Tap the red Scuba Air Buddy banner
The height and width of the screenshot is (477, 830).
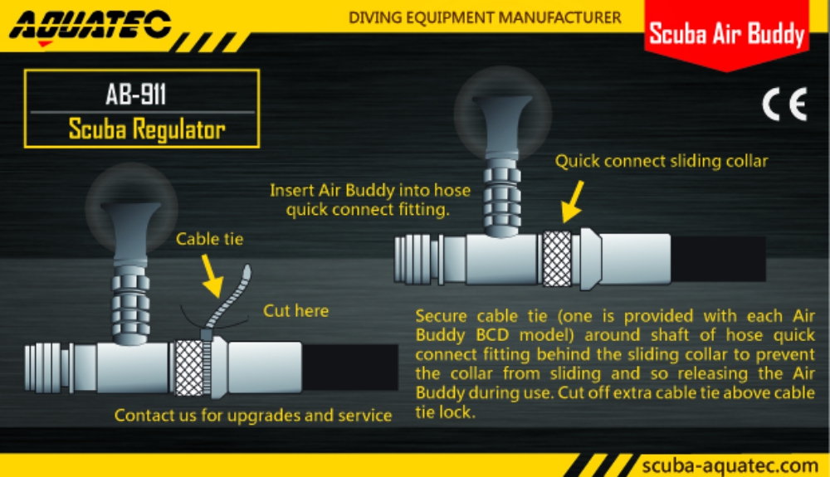(x=726, y=34)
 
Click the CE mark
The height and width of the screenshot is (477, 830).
(x=784, y=107)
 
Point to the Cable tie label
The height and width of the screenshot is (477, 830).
(x=209, y=239)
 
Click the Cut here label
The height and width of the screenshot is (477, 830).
(x=295, y=311)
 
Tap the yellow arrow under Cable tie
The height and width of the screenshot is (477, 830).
(x=214, y=279)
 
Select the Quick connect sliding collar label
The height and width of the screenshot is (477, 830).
(x=662, y=160)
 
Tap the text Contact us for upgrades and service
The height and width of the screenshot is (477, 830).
(x=252, y=415)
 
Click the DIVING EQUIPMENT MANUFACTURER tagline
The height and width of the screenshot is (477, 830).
(x=485, y=17)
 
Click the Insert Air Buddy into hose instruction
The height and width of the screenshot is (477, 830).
(x=370, y=200)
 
